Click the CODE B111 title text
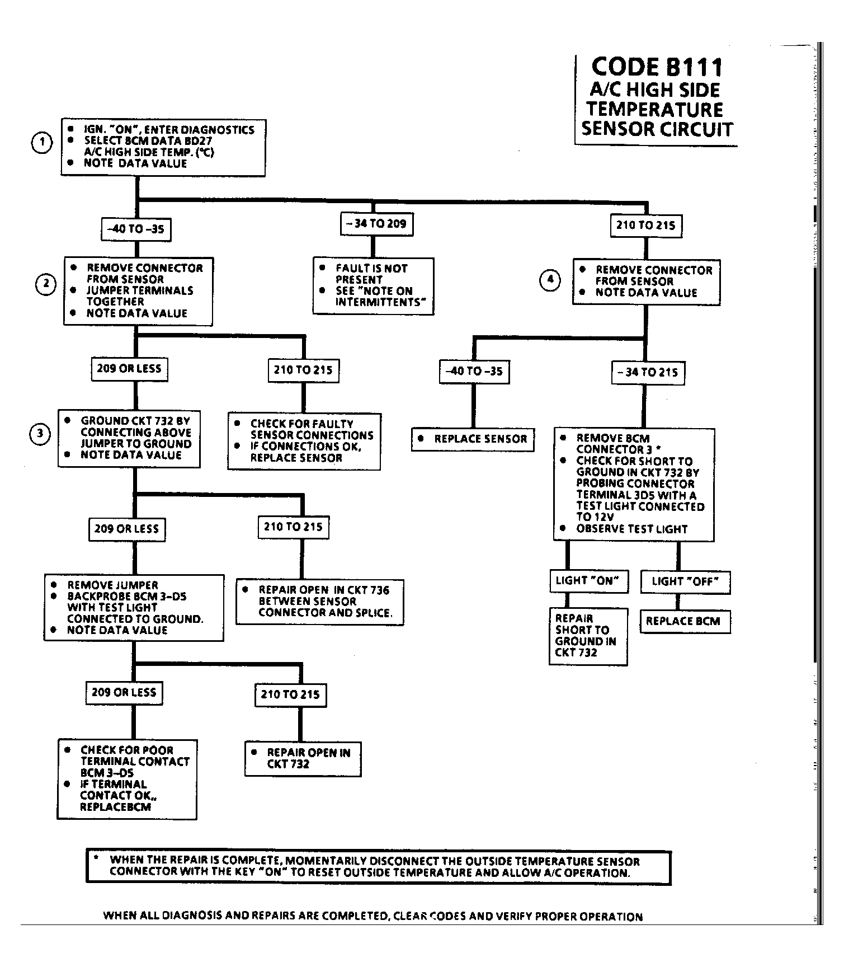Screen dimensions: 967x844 657,67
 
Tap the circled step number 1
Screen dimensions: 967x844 41,143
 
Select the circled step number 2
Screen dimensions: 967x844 46,284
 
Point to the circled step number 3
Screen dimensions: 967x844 40,434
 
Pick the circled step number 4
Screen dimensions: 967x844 550,279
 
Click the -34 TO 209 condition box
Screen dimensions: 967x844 376,224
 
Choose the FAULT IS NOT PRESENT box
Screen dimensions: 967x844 373,285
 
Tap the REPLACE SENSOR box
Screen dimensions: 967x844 473,439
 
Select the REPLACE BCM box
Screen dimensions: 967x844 685,621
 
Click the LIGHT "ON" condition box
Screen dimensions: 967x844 588,581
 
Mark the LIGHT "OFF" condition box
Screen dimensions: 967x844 685,581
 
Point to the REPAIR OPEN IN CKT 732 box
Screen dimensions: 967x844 303,759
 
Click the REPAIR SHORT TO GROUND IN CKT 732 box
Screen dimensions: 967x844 588,636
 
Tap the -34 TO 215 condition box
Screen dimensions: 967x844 648,372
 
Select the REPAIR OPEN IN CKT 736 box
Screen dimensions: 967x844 319,602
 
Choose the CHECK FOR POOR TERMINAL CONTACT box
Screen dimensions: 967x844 127,779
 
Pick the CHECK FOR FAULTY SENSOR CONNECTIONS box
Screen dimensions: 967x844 304,441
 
